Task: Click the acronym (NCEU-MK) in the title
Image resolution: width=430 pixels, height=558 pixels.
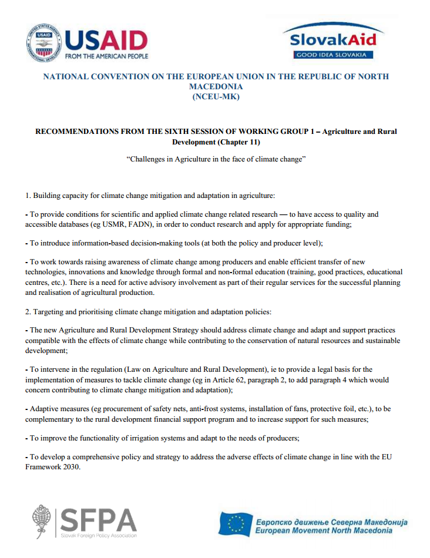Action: pyautogui.click(x=216, y=98)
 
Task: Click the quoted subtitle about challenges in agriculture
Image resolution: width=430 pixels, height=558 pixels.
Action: pyautogui.click(x=216, y=160)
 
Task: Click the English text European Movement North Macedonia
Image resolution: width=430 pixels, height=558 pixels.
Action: pyautogui.click(x=324, y=531)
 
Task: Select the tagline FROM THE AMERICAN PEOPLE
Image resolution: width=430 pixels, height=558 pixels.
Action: pyautogui.click(x=106, y=56)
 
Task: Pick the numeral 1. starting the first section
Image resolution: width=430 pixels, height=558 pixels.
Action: pyautogui.click(x=28, y=195)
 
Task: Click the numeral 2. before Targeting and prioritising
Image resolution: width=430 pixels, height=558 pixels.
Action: pyautogui.click(x=28, y=311)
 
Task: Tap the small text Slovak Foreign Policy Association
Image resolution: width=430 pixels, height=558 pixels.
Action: pyautogui.click(x=99, y=535)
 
